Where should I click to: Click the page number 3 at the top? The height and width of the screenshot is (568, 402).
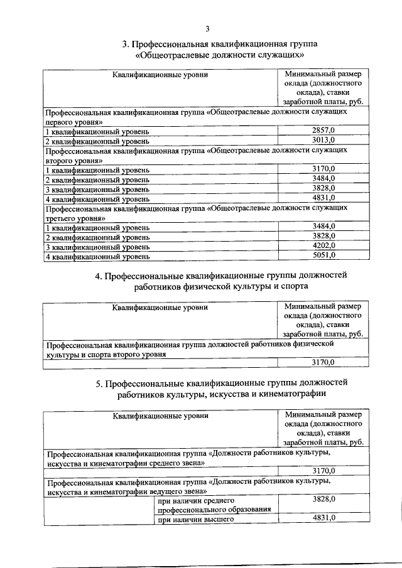207,28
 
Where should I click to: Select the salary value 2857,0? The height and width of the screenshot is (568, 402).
323,130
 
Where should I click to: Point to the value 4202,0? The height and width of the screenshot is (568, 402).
323,245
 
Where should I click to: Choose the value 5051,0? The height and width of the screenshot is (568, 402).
323,255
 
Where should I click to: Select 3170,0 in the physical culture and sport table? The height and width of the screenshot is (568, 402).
323,362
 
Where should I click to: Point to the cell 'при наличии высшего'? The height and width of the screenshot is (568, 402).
192,518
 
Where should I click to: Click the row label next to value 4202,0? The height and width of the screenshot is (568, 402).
97,247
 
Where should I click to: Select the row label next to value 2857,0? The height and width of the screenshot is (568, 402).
97,131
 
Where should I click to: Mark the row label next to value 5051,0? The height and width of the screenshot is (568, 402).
97,256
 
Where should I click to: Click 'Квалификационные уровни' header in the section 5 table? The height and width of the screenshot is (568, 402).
160,415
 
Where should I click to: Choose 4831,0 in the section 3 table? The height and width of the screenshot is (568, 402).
323,198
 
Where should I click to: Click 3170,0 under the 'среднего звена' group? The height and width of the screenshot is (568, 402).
323,470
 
